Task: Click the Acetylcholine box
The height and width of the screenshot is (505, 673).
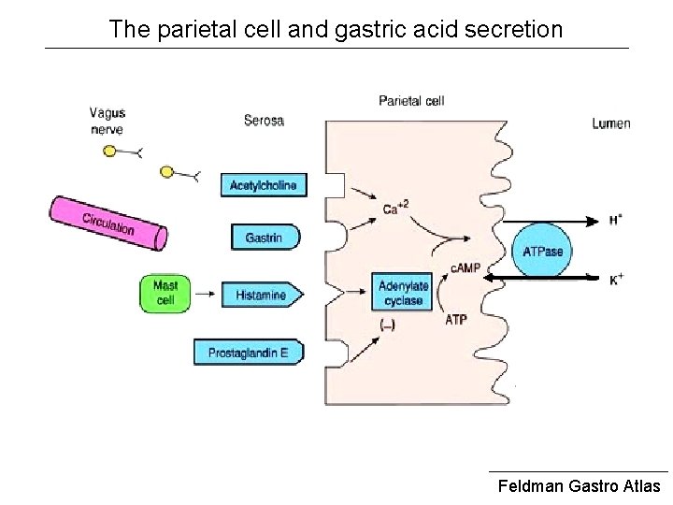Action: [x=264, y=185]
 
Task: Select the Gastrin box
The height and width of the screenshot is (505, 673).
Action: [x=265, y=237]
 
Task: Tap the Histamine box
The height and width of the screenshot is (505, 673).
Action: [x=263, y=295]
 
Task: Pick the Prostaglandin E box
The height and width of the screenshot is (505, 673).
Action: [x=249, y=353]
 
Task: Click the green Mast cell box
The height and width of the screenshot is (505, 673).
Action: [x=165, y=294]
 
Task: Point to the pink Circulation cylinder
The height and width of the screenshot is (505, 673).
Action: [x=108, y=224]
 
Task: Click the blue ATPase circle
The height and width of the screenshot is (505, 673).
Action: [x=542, y=251]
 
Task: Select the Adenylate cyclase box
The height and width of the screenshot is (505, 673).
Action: [x=403, y=292]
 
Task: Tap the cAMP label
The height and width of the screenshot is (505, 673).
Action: [x=465, y=268]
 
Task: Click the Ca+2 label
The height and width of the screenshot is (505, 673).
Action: [x=395, y=208]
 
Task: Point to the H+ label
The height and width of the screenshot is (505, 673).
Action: [x=615, y=220]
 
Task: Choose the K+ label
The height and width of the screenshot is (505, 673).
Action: [x=616, y=280]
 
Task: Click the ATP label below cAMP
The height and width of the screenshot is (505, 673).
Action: [x=456, y=320]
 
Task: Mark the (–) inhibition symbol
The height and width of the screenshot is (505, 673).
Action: [x=387, y=325]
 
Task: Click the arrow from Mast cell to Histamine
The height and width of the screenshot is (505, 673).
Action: [x=205, y=295]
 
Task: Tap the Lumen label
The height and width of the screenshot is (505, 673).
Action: [x=611, y=123]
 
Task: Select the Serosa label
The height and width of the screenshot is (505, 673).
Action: [x=264, y=121]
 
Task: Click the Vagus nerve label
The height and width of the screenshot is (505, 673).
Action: [x=107, y=121]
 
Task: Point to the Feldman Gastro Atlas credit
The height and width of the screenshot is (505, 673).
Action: [x=579, y=485]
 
